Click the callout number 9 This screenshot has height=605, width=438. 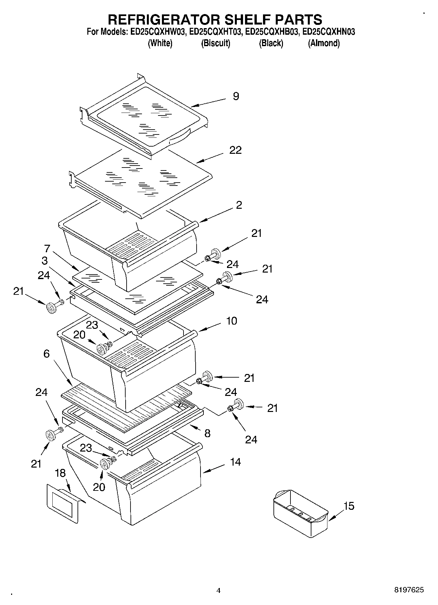point(236,96)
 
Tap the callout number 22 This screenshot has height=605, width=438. point(236,150)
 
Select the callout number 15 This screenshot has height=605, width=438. point(349,506)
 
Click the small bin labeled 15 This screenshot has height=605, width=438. point(300,513)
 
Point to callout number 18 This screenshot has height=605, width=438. point(60,473)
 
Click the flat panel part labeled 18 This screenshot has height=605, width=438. point(64,504)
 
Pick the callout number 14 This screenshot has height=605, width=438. point(235,462)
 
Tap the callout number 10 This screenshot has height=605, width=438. point(232,321)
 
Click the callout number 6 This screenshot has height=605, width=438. point(46,354)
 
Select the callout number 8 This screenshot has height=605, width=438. point(207,434)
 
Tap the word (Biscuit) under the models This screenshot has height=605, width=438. point(216,43)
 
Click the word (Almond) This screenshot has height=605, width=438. point(324,43)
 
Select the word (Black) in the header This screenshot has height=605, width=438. point(271,43)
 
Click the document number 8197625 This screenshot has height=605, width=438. point(409,590)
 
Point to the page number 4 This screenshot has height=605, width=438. point(219,591)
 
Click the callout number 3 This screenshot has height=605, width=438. point(44,261)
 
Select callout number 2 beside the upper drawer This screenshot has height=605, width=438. point(239,205)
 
